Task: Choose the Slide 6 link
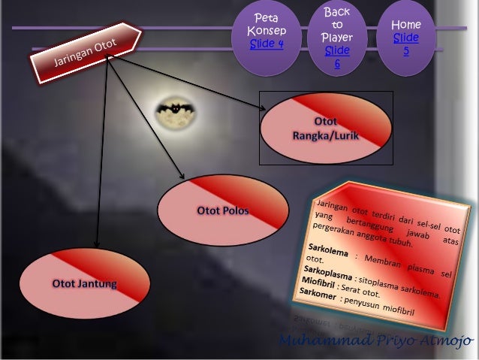tap(337, 57)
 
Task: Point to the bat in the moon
tap(177, 110)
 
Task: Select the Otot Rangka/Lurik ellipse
tap(325, 129)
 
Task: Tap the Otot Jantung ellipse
tap(83, 283)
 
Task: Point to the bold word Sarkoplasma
tap(325, 268)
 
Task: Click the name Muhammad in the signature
tap(318, 343)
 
